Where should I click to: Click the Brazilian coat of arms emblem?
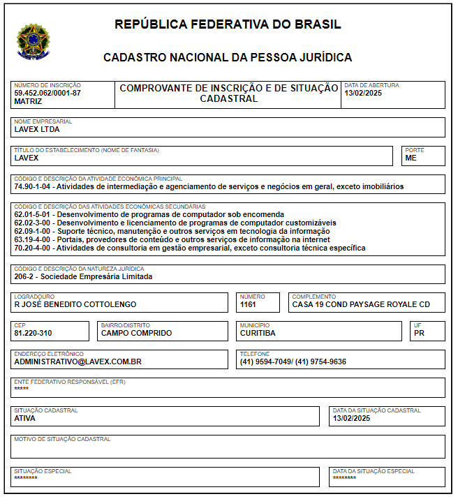(33, 41)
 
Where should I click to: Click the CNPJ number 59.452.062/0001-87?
(47, 93)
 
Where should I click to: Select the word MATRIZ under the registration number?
(28, 101)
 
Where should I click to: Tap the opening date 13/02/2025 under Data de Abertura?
(363, 94)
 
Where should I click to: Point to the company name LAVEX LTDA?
(37, 129)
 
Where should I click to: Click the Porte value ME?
(411, 158)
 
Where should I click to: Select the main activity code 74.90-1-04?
(34, 187)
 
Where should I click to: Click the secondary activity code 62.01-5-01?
(34, 214)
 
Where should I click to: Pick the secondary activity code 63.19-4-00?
(34, 239)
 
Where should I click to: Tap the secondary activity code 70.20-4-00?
(34, 248)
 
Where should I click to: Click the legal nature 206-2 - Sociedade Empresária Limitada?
(83, 276)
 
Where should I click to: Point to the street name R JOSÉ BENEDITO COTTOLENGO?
(75, 304)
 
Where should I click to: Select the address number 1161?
(249, 304)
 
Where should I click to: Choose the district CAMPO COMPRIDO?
(136, 333)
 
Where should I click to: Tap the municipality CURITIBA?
(258, 333)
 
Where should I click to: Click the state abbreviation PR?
(419, 333)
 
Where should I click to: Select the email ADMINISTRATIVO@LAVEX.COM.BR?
(78, 362)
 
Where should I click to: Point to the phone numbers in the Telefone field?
(293, 362)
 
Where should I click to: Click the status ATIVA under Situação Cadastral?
(24, 418)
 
